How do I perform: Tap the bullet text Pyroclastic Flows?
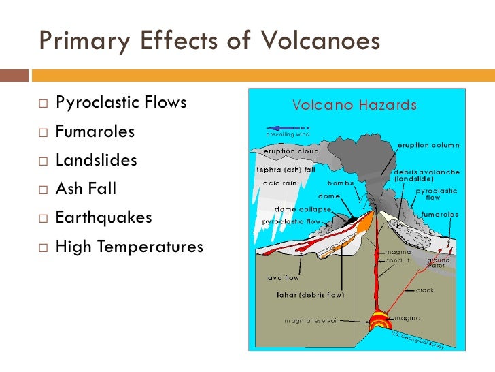click(x=121, y=103)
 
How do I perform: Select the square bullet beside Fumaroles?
click(x=43, y=133)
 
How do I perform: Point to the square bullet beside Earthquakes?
click(x=43, y=219)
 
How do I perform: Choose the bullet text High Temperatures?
click(x=129, y=247)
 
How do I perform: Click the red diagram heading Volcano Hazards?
click(x=354, y=106)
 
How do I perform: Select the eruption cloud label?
click(x=291, y=151)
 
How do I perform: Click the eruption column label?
click(x=428, y=145)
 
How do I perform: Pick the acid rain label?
click(x=280, y=183)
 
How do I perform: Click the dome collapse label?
click(x=302, y=209)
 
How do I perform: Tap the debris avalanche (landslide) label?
click(x=426, y=175)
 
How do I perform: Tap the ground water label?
click(x=438, y=263)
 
